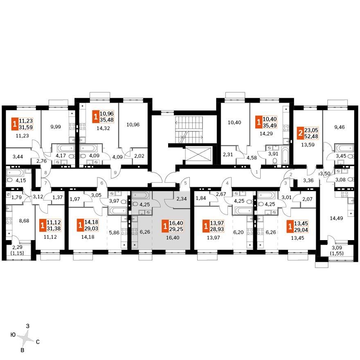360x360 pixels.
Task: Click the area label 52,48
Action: [311, 136]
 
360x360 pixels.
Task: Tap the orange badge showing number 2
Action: [300, 133]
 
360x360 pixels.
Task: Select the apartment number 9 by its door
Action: [115, 172]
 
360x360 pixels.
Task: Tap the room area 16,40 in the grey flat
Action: [173, 238]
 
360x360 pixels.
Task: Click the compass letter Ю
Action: [13, 335]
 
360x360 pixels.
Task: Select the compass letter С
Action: [38, 342]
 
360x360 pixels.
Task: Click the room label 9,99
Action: [56, 126]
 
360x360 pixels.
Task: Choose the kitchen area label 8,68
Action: [24, 220]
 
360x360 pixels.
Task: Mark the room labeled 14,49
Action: [336, 218]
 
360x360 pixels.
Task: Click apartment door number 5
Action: [185, 183]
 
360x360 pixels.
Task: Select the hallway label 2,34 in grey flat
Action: [181, 198]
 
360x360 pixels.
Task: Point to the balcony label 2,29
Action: [18, 248]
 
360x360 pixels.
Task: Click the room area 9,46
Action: [339, 127]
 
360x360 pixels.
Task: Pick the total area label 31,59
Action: [26, 127]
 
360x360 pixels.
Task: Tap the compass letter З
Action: [27, 326]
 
